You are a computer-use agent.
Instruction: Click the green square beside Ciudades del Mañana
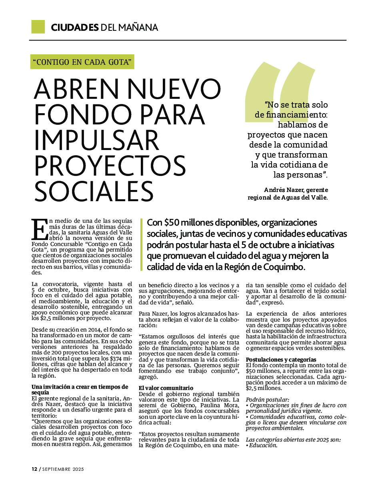coord(38,27)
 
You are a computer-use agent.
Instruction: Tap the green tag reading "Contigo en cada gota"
coord(82,62)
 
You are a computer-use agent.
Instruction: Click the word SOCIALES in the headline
coord(94,192)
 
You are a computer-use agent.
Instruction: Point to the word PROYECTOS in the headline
coord(110,166)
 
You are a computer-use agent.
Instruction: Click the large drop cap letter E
coord(39,230)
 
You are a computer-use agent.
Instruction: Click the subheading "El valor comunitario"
coord(166,388)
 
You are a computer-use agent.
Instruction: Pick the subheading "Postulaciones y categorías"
coord(281,360)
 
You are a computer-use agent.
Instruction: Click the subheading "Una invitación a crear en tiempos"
coord(80,387)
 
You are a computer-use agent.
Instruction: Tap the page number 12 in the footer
coord(34,469)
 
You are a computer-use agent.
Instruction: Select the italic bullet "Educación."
coord(263,445)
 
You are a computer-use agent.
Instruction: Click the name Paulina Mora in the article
coord(222,405)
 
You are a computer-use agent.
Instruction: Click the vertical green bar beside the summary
coord(142,244)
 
